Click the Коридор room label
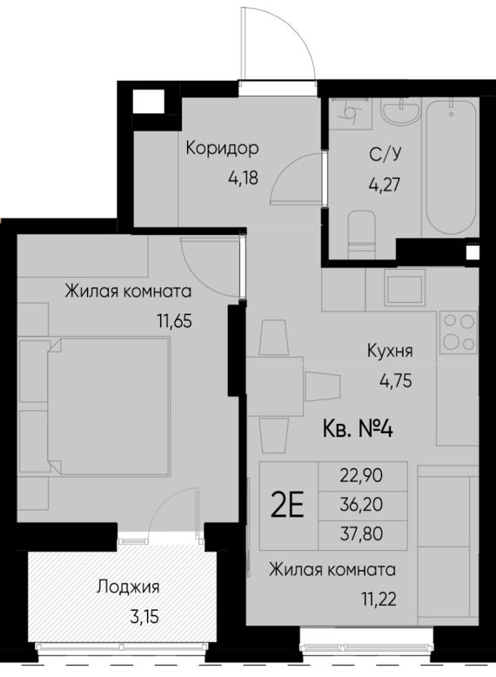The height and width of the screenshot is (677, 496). (223, 148)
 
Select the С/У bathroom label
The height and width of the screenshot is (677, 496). (385, 156)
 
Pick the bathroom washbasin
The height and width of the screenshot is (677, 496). (403, 117)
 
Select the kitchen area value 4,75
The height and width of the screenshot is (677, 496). (393, 379)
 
